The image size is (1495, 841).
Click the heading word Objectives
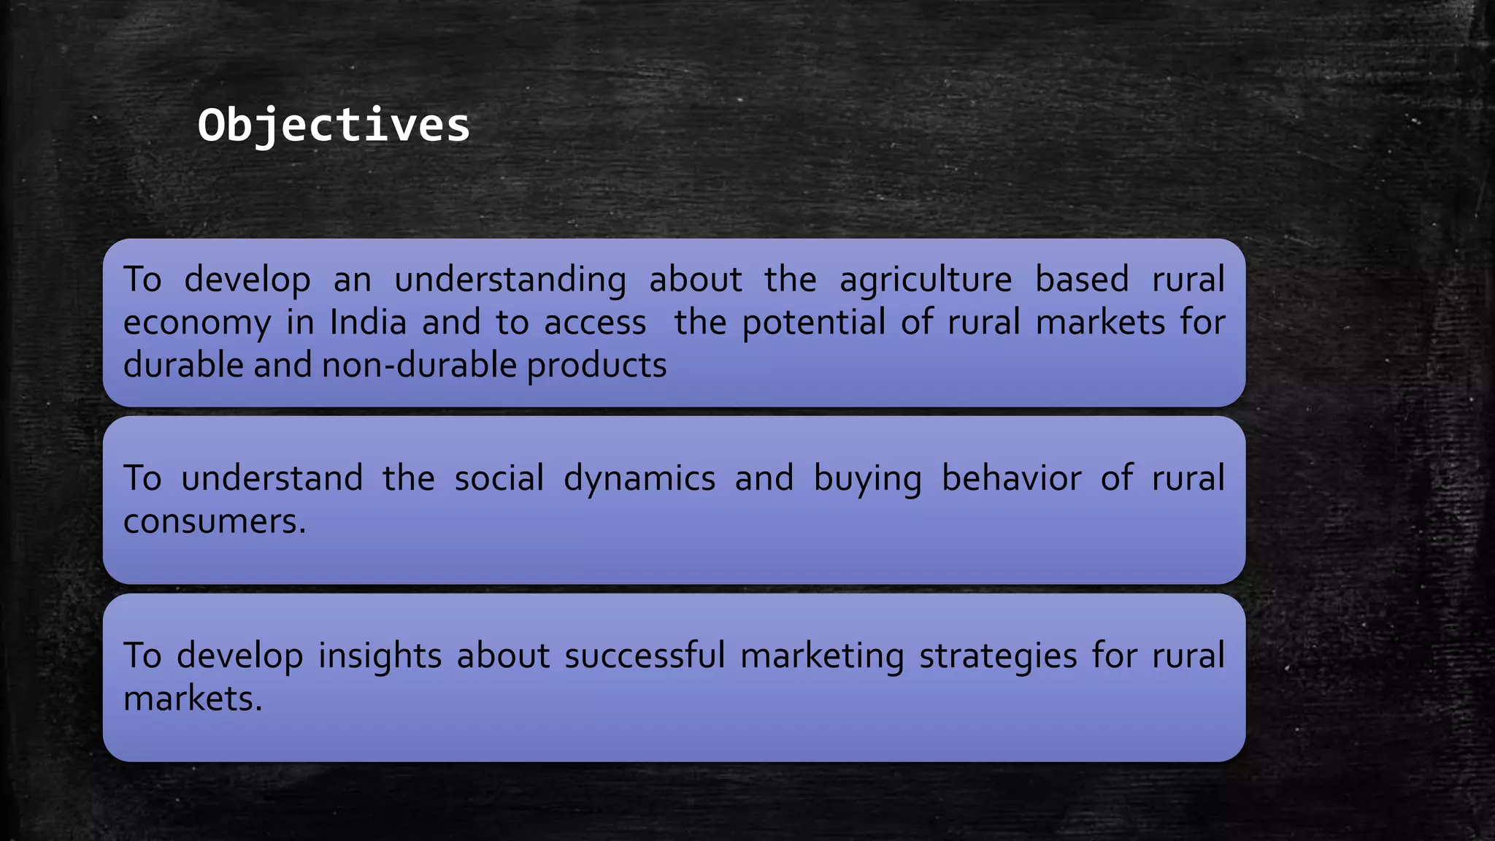334,126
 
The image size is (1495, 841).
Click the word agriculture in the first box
926,280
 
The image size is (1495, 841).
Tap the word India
368,323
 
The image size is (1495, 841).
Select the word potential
814,323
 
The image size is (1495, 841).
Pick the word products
596,365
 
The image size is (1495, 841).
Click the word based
1082,280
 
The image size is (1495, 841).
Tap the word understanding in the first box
510,280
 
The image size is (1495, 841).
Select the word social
499,479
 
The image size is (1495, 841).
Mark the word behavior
1012,479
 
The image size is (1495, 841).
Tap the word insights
380,656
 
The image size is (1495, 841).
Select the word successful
645,656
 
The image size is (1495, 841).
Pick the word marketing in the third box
822,656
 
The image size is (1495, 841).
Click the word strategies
998,656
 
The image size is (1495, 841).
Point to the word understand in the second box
272,479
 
